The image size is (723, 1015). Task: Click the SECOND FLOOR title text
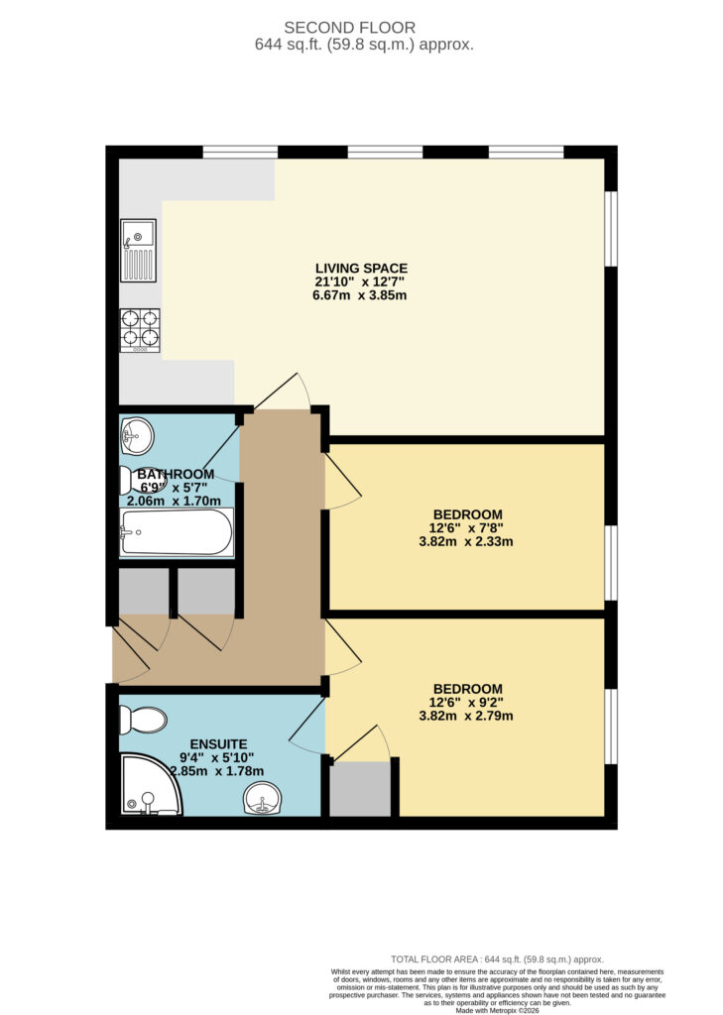(350, 28)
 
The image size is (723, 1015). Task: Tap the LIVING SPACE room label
(361, 268)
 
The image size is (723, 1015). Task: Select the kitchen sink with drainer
(138, 250)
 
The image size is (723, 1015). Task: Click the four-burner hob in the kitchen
(139, 330)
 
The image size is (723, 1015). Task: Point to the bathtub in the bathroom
(177, 532)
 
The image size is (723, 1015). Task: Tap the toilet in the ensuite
(143, 720)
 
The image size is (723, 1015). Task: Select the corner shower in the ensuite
(151, 784)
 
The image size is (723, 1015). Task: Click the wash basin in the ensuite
(262, 798)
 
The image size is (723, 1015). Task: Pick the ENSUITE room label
(218, 744)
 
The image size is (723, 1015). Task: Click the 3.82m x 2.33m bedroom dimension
(466, 542)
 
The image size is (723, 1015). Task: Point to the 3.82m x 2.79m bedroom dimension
(466, 716)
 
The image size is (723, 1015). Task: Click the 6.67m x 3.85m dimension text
(360, 295)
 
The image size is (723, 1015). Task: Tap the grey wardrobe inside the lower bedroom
(360, 789)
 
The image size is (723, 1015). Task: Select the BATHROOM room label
(176, 474)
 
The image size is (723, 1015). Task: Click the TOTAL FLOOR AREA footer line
(497, 959)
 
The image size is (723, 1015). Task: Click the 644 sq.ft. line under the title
(364, 45)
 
